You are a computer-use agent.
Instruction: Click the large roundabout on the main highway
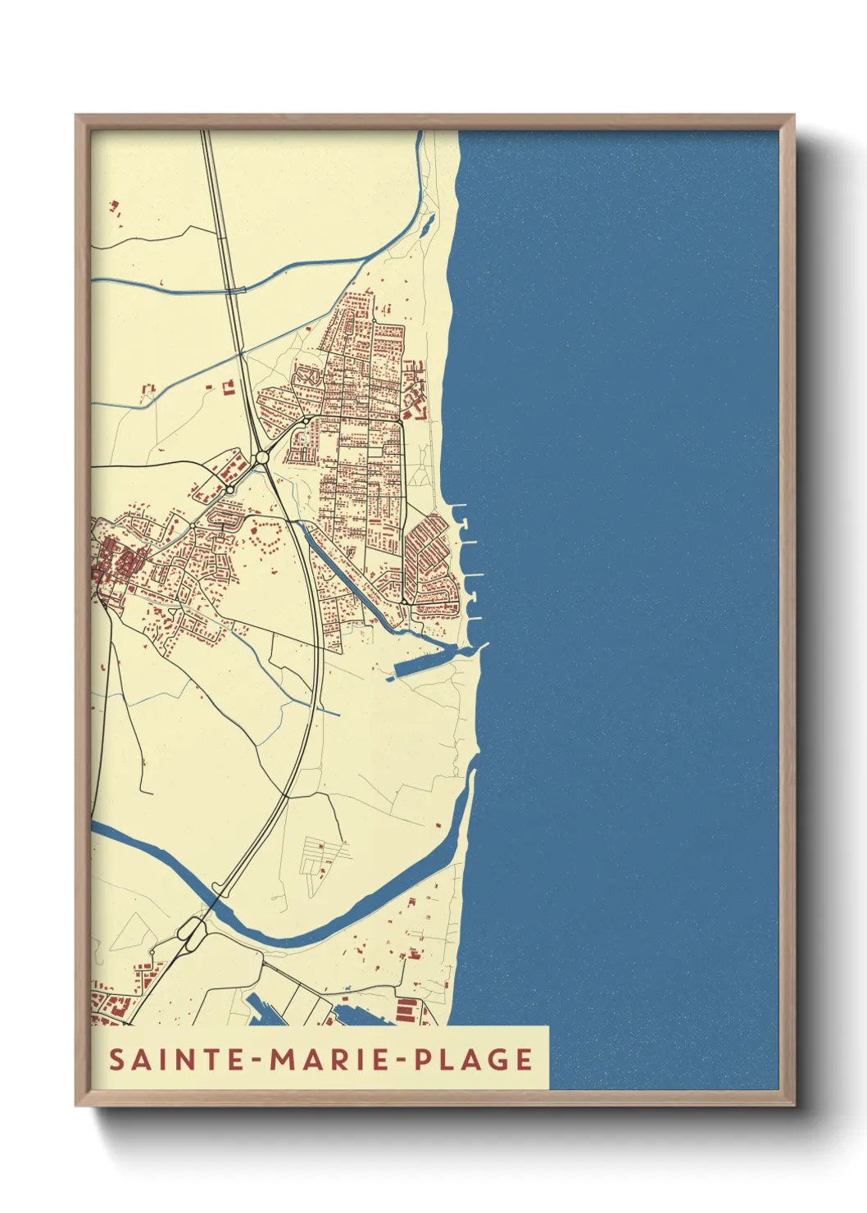tap(262, 457)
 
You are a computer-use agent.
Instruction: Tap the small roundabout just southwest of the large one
tap(231, 489)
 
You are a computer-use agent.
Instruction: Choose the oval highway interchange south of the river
tap(192, 933)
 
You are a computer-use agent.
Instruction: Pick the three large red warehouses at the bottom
tap(406, 1010)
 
